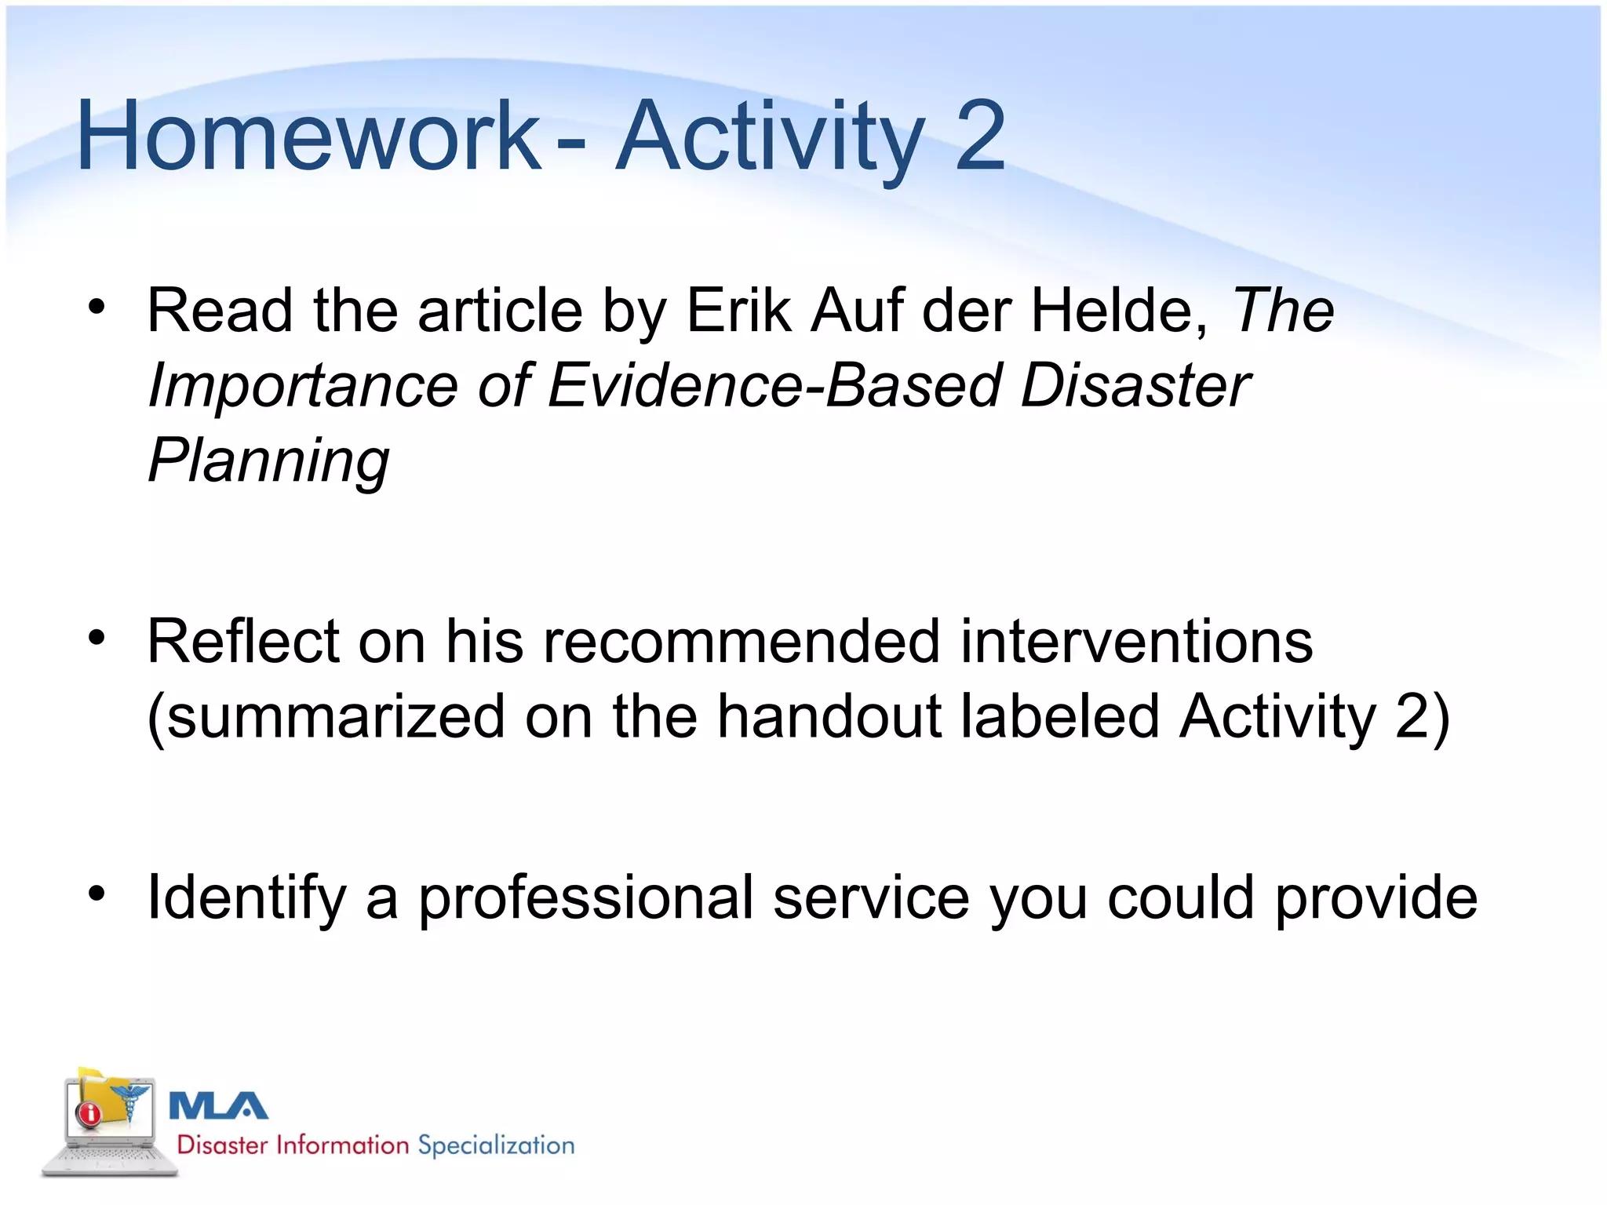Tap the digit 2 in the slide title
coord(979,137)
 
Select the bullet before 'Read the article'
coord(97,307)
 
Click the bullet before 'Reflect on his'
coord(97,638)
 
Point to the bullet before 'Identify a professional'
coord(97,893)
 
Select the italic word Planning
coord(268,461)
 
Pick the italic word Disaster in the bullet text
coord(1135,386)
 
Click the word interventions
coord(1136,642)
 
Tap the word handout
coord(829,716)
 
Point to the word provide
coord(1376,898)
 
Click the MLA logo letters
coord(218,1106)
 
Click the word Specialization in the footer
coord(496,1145)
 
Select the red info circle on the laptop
coord(89,1112)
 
